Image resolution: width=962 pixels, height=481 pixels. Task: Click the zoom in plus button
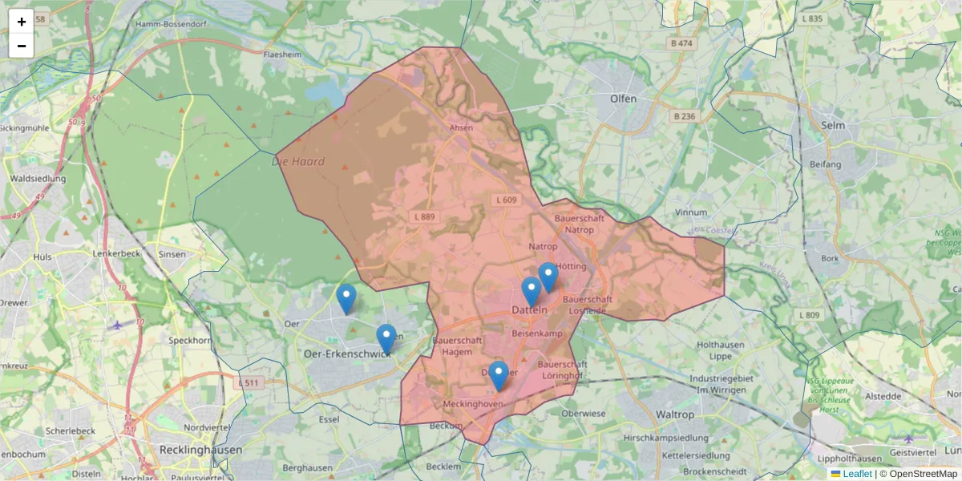(22, 22)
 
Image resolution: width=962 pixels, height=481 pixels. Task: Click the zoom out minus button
(22, 46)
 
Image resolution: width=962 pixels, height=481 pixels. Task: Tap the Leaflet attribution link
(856, 474)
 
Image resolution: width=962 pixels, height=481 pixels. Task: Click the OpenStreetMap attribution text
(924, 474)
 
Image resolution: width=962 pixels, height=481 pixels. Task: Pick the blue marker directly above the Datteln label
(531, 291)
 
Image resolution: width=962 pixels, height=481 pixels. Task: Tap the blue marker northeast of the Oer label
(346, 298)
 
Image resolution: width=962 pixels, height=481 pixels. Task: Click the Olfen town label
(623, 99)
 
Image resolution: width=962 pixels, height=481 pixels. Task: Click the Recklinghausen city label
(200, 450)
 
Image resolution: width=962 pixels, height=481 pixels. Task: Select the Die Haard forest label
(298, 162)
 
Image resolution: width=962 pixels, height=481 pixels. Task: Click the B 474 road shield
(681, 43)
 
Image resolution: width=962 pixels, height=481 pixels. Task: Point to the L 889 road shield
(425, 217)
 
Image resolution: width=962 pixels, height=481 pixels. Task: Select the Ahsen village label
(462, 127)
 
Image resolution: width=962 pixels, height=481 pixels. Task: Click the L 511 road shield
(250, 383)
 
